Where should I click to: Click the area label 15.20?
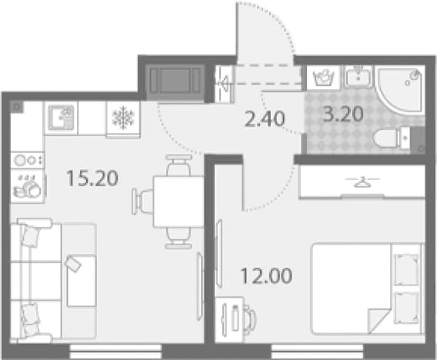[92, 178]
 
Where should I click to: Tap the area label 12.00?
[266, 275]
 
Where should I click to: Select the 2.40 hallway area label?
[265, 118]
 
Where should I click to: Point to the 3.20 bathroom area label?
[343, 114]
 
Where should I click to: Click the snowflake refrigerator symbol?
[123, 118]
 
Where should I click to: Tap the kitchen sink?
[62, 118]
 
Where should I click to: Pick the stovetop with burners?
[27, 160]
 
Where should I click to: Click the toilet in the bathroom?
[392, 138]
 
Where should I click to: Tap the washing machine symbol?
[324, 78]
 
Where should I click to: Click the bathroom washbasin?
[359, 76]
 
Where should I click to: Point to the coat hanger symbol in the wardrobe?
[362, 182]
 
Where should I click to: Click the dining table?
[178, 202]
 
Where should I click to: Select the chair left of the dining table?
[142, 202]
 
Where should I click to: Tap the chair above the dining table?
[178, 166]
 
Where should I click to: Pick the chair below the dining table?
[178, 238]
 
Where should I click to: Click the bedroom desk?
[229, 319]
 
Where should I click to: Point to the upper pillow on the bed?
[407, 269]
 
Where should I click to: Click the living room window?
[115, 352]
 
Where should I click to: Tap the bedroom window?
[318, 352]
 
